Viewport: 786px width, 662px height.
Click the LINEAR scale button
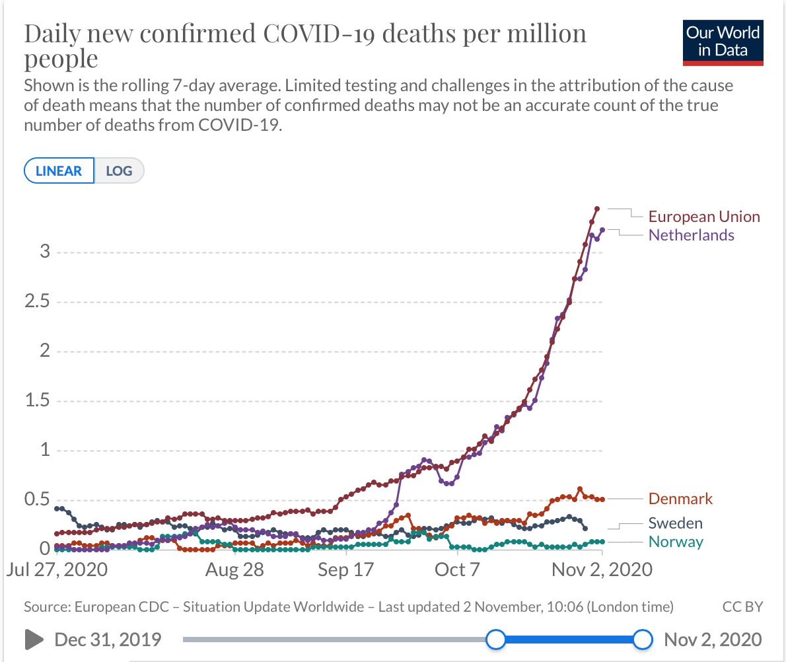[59, 171]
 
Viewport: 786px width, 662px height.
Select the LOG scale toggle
[119, 171]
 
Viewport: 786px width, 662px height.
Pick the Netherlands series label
[691, 235]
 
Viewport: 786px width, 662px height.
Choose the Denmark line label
[680, 499]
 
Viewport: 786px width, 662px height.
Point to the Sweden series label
[675, 524]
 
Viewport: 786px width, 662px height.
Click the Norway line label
[676, 542]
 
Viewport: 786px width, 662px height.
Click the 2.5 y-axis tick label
[37, 302]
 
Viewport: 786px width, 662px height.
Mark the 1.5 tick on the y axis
[37, 401]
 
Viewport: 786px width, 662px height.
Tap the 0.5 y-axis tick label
[37, 499]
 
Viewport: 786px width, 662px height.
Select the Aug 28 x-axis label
[234, 570]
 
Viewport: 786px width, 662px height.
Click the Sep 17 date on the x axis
[346, 570]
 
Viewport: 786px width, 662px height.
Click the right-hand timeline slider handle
[642, 640]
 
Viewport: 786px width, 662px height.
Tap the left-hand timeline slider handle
[495, 640]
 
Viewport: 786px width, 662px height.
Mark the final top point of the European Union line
[596, 209]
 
